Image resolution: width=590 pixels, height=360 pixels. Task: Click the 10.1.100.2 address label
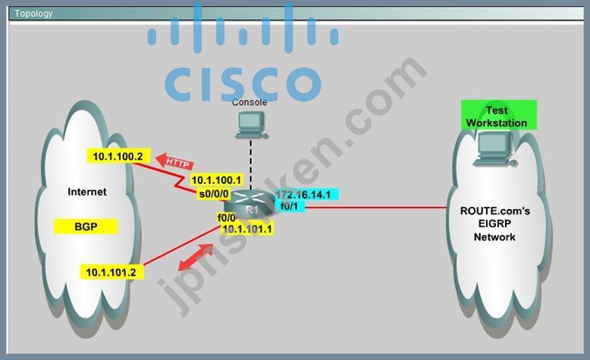(118, 156)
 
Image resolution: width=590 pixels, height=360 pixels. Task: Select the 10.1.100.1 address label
(217, 180)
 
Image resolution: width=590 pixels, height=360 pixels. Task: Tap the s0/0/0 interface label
(214, 194)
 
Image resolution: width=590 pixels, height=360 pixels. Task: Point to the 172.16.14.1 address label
(305, 194)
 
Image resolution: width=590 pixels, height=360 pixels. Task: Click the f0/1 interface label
(290, 206)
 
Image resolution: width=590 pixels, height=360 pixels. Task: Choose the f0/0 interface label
(226, 217)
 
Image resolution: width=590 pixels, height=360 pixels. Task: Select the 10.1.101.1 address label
(247, 228)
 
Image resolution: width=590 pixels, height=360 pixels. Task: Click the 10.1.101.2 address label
(111, 272)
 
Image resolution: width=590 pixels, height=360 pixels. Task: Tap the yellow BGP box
(86, 226)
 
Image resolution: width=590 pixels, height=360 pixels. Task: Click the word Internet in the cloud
(87, 192)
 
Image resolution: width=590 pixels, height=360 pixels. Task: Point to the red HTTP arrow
(175, 162)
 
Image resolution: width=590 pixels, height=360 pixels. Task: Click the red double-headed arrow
(196, 257)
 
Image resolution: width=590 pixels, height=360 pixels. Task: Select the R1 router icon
(251, 204)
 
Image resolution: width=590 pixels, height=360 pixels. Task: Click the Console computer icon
(251, 125)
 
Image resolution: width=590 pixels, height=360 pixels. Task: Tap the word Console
(249, 102)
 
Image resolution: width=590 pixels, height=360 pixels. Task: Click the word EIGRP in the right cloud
(495, 224)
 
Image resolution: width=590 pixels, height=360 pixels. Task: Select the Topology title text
(33, 13)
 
